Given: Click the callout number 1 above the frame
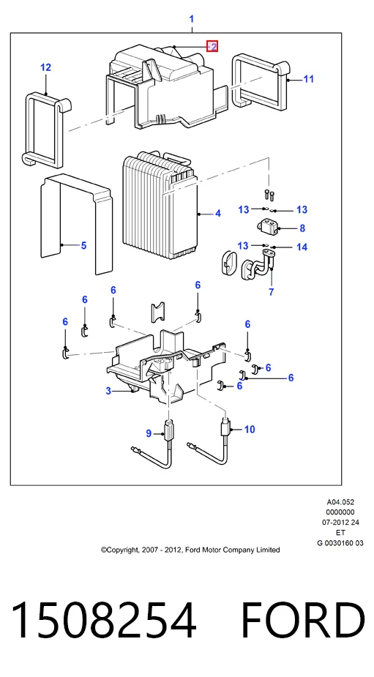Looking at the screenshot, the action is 191,19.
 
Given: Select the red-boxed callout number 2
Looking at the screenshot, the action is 212,46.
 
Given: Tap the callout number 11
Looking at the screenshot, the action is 308,79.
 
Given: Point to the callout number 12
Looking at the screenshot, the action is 46,67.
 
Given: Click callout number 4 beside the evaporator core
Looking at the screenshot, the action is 218,213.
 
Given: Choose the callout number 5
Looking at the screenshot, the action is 83,246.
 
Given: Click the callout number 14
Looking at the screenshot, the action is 302,247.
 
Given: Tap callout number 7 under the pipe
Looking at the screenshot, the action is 272,292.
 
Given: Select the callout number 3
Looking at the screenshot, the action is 108,391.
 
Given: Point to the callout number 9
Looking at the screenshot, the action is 149,433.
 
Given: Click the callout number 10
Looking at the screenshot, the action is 250,429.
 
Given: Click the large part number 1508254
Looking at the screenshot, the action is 104,621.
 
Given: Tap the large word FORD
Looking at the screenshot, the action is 302,621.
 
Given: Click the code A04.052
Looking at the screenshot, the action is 340,502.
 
